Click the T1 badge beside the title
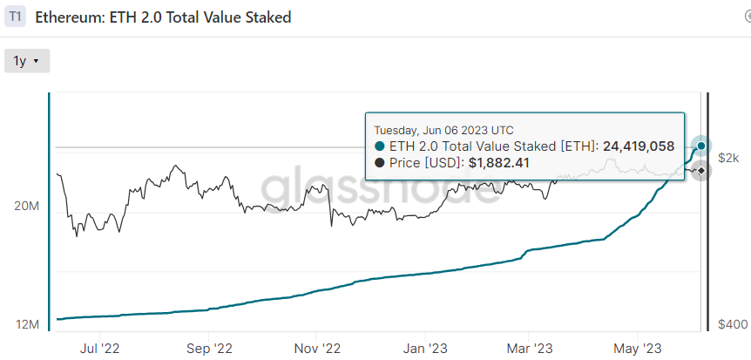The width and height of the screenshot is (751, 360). pos(16,17)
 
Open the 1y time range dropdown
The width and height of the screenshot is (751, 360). pos(27,61)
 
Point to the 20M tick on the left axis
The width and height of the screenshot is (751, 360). pos(28,207)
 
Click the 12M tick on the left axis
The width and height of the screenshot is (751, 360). pos(28,324)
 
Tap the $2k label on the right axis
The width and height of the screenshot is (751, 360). pos(729,157)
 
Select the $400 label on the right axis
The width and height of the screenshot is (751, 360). pos(732,324)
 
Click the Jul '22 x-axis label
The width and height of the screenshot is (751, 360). pos(99,347)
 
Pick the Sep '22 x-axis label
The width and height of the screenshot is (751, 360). pos(209,347)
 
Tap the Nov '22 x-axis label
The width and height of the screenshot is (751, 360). pos(317,347)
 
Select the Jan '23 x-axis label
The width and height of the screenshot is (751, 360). pos(425,347)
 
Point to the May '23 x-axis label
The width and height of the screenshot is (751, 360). pos(638,347)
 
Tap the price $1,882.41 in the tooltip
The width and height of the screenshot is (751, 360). pos(498,163)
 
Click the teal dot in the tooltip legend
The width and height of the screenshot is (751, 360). pos(380,146)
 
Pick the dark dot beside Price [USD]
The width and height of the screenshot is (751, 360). pos(380,163)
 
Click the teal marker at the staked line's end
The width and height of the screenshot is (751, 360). pos(701,146)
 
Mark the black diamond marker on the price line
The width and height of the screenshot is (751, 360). pos(700,171)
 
